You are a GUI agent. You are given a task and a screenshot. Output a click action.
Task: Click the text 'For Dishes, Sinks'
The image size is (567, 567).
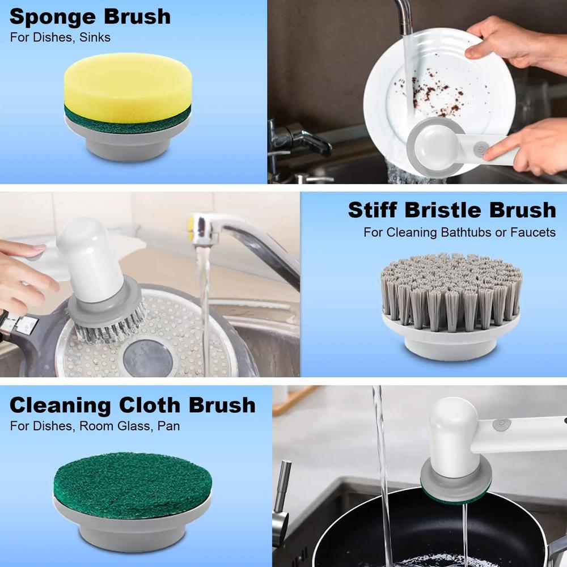pos(60,38)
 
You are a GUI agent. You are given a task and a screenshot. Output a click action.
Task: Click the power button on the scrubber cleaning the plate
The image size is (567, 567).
pos(481,146)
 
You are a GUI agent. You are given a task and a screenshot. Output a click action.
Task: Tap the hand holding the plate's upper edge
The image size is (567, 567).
pos(499,40)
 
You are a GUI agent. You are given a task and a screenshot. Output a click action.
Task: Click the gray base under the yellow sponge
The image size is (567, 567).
pos(127,142)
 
